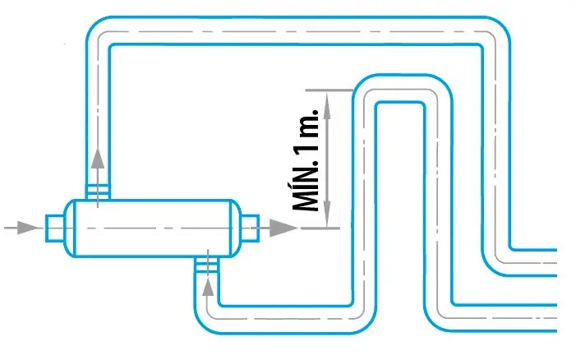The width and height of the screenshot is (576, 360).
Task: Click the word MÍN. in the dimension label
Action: [307, 187]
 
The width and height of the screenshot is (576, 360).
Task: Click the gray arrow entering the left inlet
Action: [29, 226]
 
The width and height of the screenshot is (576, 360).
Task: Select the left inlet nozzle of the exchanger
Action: [55, 226]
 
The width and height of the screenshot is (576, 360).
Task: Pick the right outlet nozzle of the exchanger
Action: [249, 226]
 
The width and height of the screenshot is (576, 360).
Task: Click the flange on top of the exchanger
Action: [98, 192]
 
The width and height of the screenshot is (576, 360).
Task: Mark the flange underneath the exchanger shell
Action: [207, 263]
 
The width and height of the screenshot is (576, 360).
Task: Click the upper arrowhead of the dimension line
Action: [327, 99]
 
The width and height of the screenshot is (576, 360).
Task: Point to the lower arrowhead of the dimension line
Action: [327, 217]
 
